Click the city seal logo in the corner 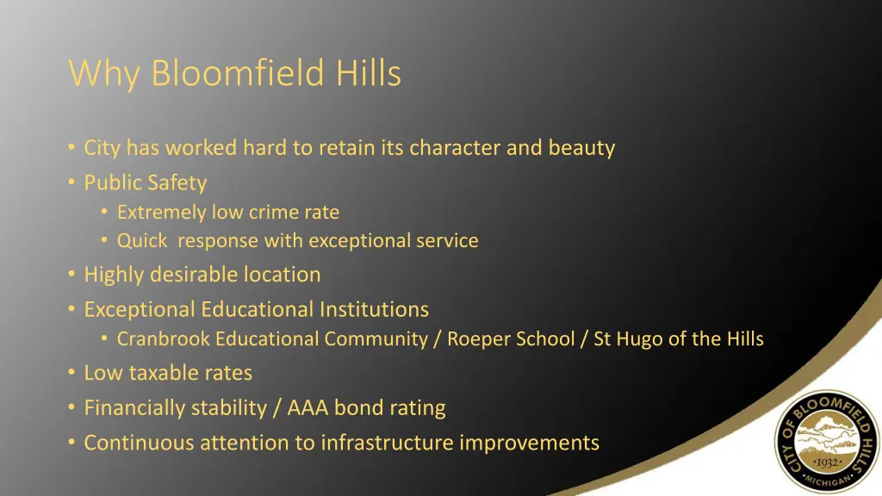tap(827, 442)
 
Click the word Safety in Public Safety tap(177, 183)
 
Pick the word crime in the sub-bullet tap(273, 212)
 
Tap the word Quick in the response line tap(142, 241)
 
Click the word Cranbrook tap(164, 339)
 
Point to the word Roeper tap(478, 339)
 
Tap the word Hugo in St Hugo tap(638, 339)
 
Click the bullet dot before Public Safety tap(71, 183)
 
